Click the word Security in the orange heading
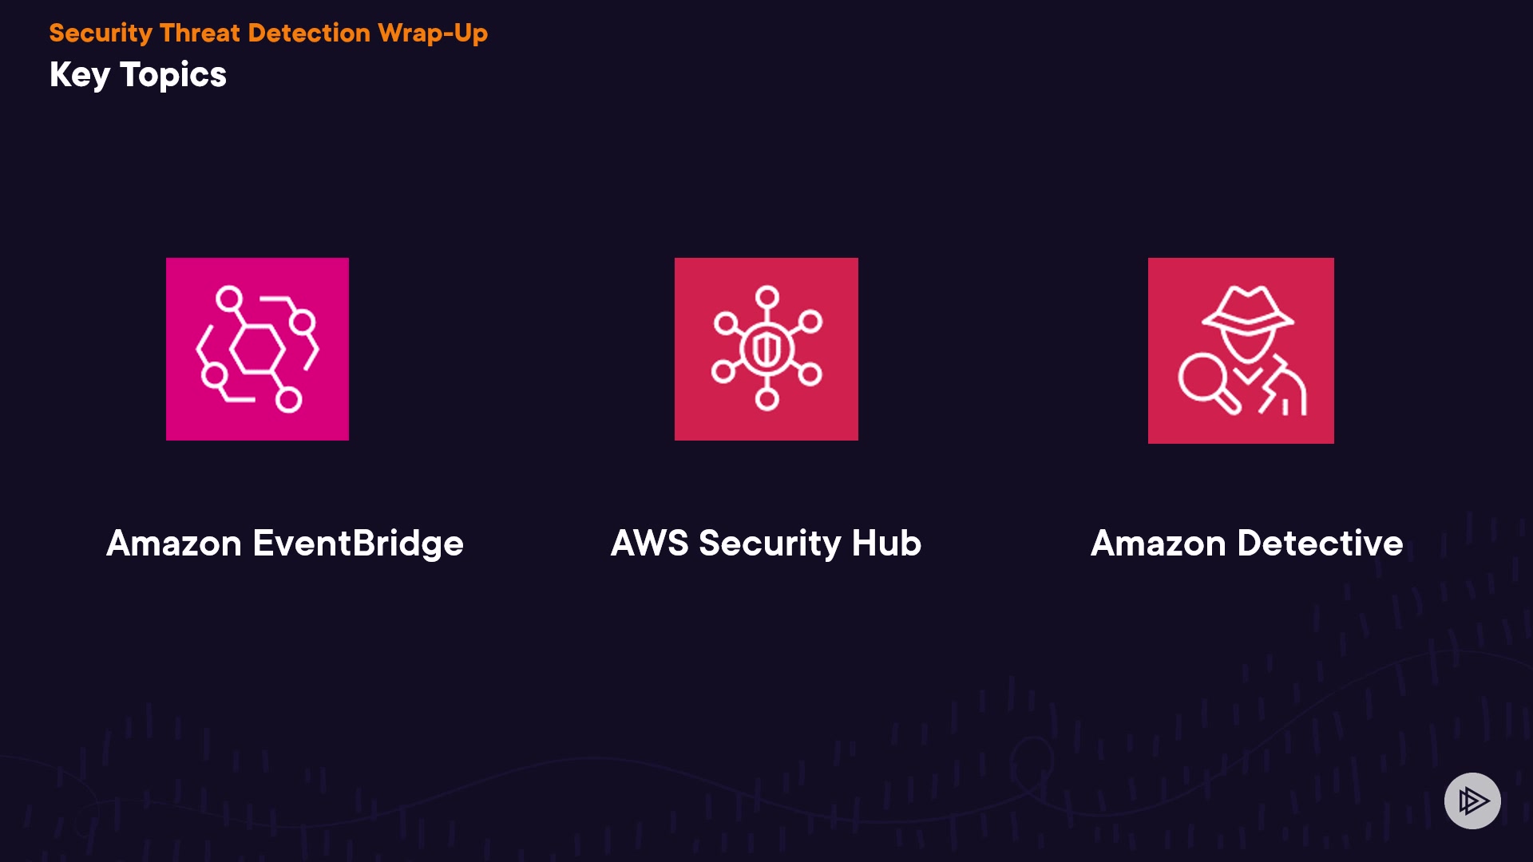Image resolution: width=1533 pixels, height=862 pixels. pos(101,34)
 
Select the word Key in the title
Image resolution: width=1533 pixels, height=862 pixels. pos(79,76)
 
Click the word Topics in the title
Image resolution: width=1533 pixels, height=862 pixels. pos(173,76)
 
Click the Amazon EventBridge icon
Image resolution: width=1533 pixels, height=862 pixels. pos(257,349)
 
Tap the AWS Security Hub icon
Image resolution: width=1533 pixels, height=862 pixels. pos(766,349)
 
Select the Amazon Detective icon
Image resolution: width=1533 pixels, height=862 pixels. pos(1241,350)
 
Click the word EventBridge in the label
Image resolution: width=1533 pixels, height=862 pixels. pos(358,544)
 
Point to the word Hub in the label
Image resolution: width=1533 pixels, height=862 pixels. pos(886,544)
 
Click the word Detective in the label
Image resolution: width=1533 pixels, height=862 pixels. pos(1320,544)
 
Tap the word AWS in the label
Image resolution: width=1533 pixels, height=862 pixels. pos(649,544)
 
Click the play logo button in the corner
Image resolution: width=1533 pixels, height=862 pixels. pos(1472,801)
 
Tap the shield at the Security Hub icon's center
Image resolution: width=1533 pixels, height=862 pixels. pos(766,349)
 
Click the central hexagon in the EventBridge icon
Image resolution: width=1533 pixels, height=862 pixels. pos(257,350)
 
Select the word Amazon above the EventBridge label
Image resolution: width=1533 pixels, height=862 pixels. pos(174,544)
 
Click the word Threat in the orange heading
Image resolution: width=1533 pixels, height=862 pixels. pos(200,34)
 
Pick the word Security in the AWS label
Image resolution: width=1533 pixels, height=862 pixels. pos(770,544)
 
